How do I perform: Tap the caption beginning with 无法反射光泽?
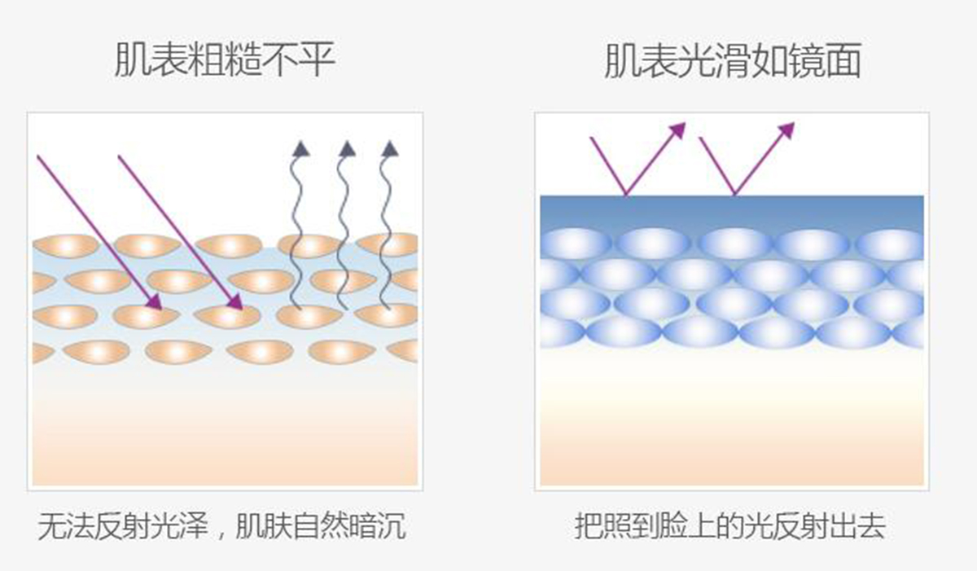tap(221, 527)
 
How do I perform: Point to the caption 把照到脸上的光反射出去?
tap(729, 527)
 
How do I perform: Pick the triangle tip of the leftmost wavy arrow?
tap(301, 148)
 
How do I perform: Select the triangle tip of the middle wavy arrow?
tap(347, 148)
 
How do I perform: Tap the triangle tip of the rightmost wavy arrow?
tap(390, 148)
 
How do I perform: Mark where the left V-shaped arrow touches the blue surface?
tap(625, 195)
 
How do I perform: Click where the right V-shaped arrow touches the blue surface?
tap(734, 195)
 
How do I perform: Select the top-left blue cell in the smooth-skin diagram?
tap(575, 244)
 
